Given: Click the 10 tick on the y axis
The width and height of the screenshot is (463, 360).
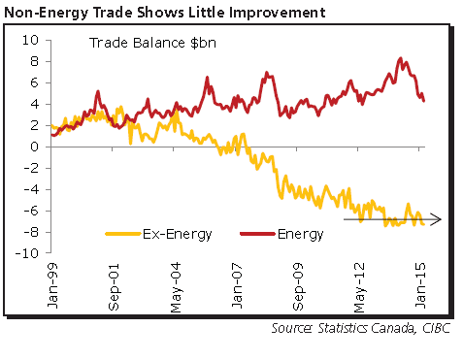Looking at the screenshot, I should coord(31,41).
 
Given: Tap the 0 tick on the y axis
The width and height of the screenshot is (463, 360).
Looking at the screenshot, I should coord(34,147).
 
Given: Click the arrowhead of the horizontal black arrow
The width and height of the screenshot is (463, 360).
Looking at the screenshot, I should coord(437,220).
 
